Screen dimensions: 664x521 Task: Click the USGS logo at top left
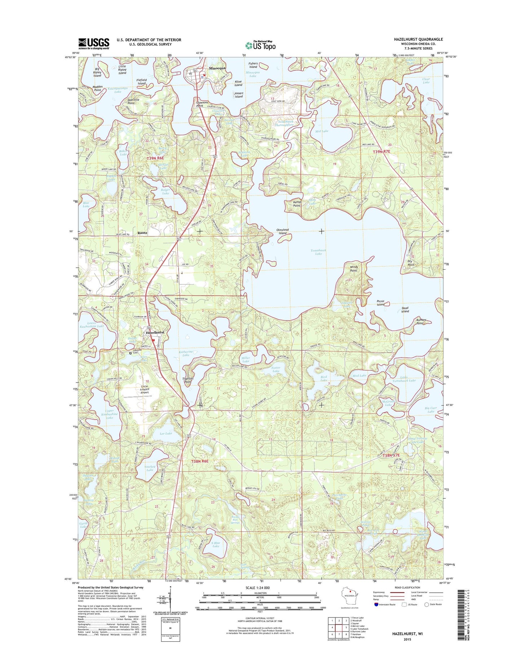[94, 43]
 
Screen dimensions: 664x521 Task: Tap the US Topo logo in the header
[260, 45]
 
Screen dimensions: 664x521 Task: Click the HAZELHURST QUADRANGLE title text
[418, 39]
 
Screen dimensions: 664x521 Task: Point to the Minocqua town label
[217, 68]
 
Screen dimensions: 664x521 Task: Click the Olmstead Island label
[282, 231]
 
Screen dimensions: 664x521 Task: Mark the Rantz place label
[142, 233]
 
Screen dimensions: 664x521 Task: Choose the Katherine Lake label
[186, 353]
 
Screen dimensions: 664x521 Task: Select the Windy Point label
[353, 269]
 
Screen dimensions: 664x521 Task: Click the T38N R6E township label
[200, 461]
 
